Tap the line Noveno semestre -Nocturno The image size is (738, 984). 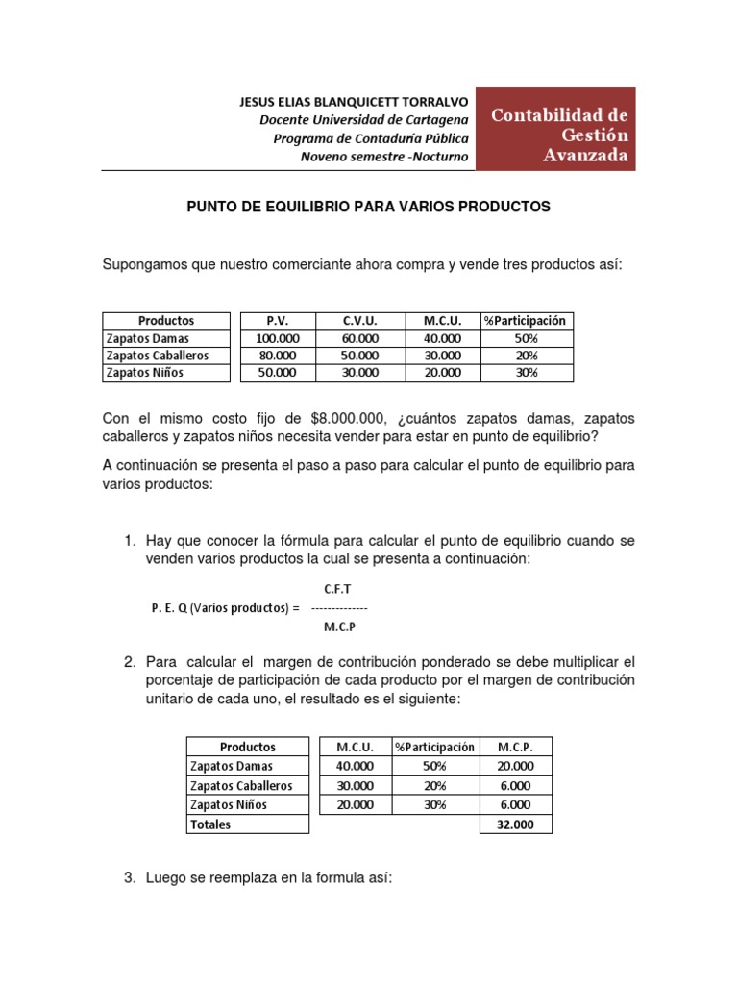point(384,157)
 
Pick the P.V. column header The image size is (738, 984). point(277,321)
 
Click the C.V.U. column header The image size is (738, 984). point(360,321)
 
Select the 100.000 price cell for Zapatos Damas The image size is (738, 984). point(277,338)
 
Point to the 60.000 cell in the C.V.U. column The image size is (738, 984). point(360,338)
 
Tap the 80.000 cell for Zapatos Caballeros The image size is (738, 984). point(277,356)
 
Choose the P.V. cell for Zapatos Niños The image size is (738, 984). point(277,373)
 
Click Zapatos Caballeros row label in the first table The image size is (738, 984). point(158,356)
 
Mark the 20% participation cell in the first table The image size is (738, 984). point(526,356)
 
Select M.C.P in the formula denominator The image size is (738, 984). point(338,627)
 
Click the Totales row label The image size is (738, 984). point(210,824)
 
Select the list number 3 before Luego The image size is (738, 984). point(129,878)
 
